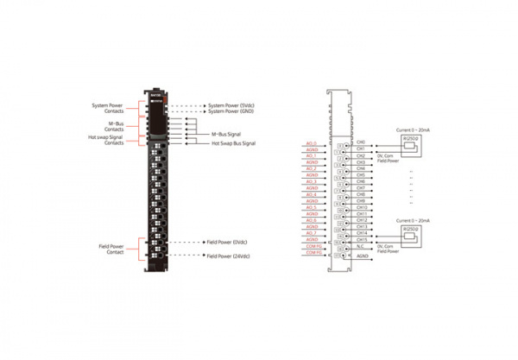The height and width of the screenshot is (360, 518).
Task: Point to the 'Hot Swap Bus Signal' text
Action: tap(234, 143)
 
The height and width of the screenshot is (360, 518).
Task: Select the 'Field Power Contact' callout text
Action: tap(112, 249)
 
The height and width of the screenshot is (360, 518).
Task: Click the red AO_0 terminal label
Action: tap(312, 142)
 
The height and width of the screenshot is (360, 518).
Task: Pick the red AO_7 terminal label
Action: tap(312, 233)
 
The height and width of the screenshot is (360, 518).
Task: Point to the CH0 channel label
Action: tap(361, 142)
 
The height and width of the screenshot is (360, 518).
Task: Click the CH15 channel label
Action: tap(362, 239)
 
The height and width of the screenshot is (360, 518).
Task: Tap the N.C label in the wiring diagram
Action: tap(362, 246)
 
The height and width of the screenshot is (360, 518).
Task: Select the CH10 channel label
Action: tap(362, 207)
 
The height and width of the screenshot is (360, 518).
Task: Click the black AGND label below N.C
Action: tap(363, 256)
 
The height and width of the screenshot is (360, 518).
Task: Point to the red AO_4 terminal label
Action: tap(312, 194)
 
